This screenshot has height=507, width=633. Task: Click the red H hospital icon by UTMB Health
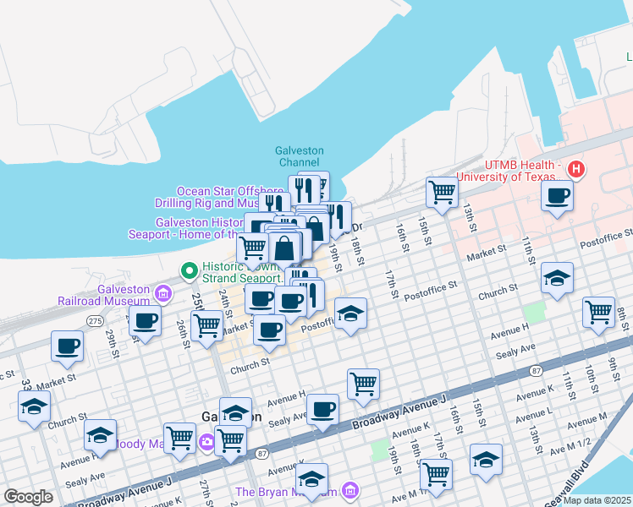click(x=576, y=169)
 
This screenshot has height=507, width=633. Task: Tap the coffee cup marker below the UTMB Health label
click(x=557, y=197)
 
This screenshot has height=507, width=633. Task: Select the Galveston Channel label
click(x=300, y=155)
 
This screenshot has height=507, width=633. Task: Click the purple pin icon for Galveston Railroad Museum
click(x=164, y=293)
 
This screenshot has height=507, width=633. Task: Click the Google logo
click(x=29, y=497)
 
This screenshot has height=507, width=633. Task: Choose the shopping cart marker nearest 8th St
click(x=598, y=312)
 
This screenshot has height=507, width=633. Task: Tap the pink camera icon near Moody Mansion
click(x=206, y=442)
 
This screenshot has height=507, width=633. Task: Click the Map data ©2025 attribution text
click(x=597, y=499)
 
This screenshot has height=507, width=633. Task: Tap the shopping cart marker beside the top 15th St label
click(x=442, y=193)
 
